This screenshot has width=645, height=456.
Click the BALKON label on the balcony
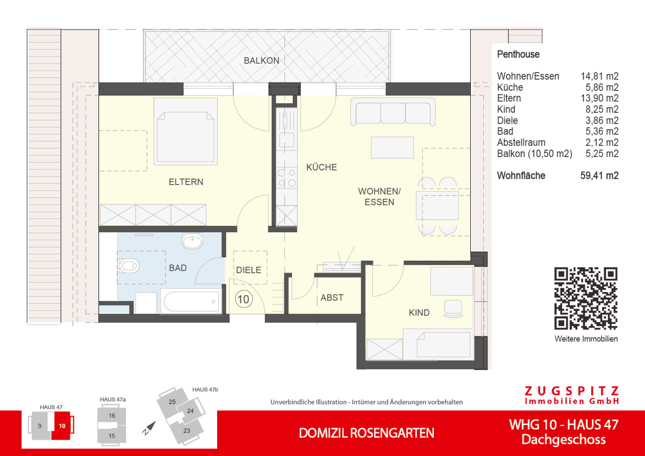[262, 61]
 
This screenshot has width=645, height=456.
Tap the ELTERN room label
[186, 182]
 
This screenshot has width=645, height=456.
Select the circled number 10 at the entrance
[243, 299]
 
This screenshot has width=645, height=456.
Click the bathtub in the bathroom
[190, 301]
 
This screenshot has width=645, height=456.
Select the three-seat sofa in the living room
[393, 112]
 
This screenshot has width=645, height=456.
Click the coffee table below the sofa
[392, 147]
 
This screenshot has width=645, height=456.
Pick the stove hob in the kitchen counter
[286, 177]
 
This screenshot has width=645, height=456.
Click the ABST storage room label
[332, 297]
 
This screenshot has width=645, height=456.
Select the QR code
[586, 298]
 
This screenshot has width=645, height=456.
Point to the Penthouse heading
[518, 54]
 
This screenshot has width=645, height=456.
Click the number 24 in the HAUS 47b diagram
[190, 411]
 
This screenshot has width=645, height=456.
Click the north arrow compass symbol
[149, 428]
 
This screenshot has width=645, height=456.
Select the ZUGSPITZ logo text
[571, 391]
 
